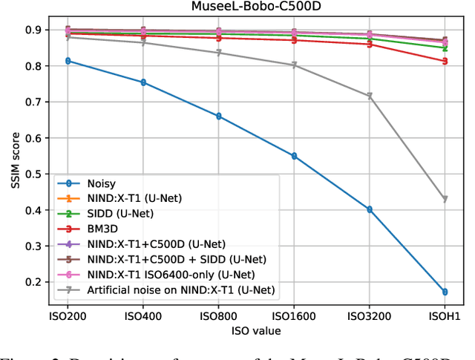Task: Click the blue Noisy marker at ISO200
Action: [68, 61]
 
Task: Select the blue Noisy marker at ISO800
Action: [218, 117]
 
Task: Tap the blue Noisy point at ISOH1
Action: [445, 292]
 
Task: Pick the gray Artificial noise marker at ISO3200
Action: [370, 96]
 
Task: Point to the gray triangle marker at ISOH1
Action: [445, 199]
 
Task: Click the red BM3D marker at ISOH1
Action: [445, 61]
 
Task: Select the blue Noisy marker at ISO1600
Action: [294, 156]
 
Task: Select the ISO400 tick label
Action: [143, 315]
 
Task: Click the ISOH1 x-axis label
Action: [445, 315]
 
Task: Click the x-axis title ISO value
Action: [256, 330]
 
